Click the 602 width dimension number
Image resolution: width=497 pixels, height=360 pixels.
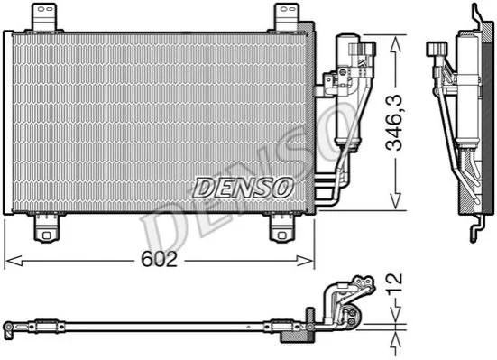tap(159, 259)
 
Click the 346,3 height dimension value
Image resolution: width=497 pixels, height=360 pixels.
tap(393, 123)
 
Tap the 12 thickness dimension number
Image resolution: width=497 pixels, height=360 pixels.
tap(395, 283)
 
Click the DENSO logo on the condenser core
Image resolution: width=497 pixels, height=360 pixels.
tap(243, 188)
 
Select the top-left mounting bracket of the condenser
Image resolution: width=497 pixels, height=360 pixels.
tap(44, 17)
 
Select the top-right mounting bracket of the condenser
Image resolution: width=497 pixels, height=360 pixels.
tap(287, 17)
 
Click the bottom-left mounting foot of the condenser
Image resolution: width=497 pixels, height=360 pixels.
tap(47, 228)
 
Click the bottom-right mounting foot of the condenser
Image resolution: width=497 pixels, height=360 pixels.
tap(281, 228)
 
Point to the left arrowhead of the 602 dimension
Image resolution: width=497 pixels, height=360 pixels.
tap(14, 261)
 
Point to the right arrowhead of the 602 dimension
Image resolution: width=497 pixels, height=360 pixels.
tap(305, 261)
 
